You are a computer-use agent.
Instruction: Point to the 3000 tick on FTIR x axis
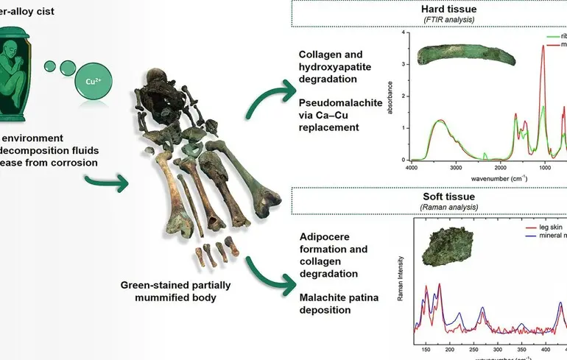click(x=457, y=167)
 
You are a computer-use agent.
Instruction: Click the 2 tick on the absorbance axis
click(x=404, y=96)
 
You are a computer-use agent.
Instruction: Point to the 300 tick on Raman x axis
click(x=499, y=350)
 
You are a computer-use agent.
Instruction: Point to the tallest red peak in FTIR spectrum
click(x=543, y=46)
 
